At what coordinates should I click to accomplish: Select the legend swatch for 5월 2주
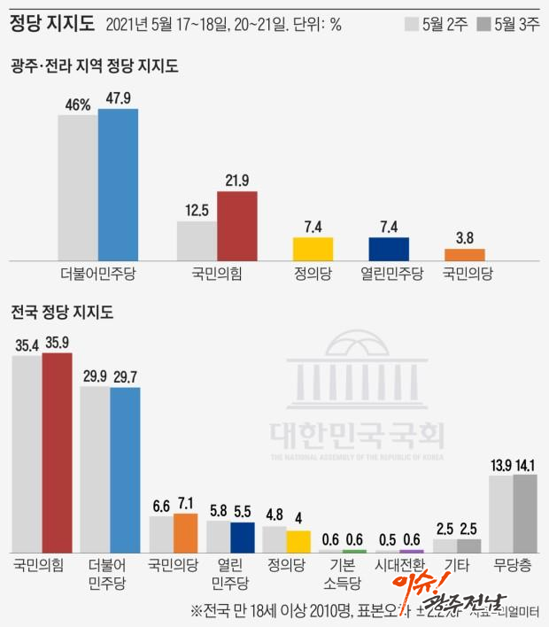[413, 24]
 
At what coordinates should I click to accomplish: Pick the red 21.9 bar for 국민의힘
[237, 226]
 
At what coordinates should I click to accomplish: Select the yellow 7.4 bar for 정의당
[313, 249]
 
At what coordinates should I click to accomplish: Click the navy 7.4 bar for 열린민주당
[389, 249]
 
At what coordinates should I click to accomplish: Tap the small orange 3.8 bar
[464, 254]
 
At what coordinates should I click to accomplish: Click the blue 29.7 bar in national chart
[125, 469]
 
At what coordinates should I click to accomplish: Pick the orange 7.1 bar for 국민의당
[185, 533]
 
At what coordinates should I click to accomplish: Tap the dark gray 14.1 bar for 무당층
[525, 513]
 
